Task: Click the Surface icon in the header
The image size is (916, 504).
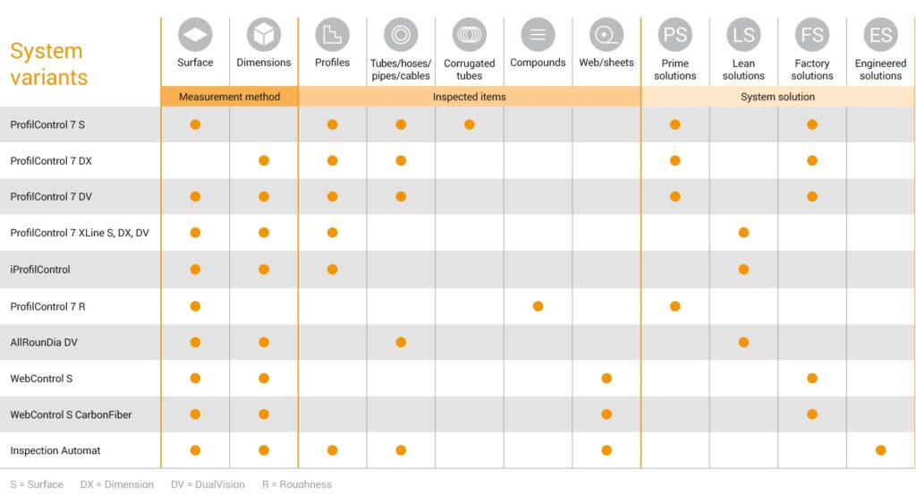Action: (195, 35)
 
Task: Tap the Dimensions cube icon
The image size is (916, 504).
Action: (264, 35)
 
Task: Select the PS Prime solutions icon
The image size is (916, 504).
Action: (674, 35)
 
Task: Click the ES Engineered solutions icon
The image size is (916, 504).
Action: (880, 35)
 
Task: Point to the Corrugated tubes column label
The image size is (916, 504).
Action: (469, 70)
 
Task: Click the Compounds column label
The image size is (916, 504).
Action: (538, 63)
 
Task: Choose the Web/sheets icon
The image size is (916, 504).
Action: (606, 35)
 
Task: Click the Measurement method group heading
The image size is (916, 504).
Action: (230, 97)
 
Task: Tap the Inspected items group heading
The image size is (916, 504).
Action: (469, 97)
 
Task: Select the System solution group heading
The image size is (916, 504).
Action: (777, 97)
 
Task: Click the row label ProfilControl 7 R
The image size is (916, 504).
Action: (47, 306)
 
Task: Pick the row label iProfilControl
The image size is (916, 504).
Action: (39, 269)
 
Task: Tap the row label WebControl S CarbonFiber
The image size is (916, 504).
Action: (71, 414)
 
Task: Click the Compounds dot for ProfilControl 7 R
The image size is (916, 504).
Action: (538, 306)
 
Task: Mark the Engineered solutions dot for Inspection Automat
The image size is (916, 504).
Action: (880, 450)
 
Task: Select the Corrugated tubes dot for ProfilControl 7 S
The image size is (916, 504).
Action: (469, 124)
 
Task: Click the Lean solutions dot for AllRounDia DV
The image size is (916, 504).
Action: (743, 342)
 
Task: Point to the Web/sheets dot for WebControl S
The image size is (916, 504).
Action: (606, 379)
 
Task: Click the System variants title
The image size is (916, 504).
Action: (48, 64)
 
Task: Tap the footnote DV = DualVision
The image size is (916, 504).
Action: (208, 484)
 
